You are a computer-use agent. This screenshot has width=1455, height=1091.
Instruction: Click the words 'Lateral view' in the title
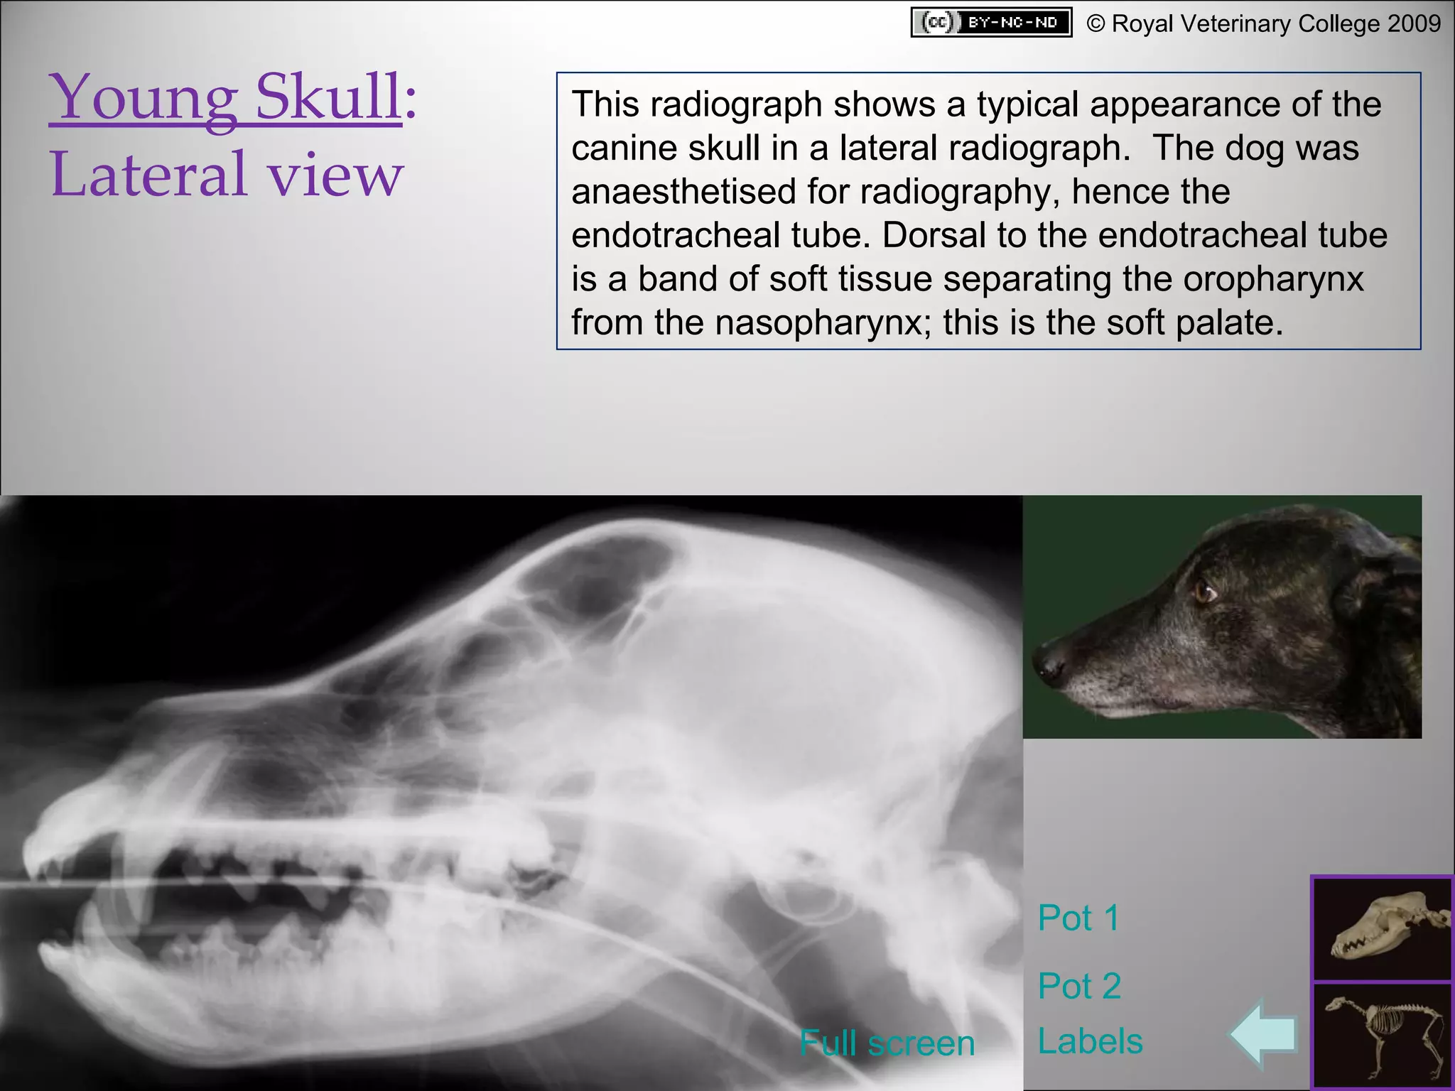(x=227, y=174)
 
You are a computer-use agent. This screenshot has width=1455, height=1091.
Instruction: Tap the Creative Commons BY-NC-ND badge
(x=991, y=23)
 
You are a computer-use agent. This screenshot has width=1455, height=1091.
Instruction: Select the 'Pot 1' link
(x=1078, y=918)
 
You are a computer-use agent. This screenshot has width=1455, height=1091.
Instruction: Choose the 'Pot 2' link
(x=1079, y=986)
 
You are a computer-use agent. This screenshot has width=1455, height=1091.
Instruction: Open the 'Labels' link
(x=1090, y=1041)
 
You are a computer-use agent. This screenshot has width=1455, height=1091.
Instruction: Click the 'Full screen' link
(x=887, y=1043)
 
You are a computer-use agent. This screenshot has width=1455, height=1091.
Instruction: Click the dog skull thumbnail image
(x=1382, y=930)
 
